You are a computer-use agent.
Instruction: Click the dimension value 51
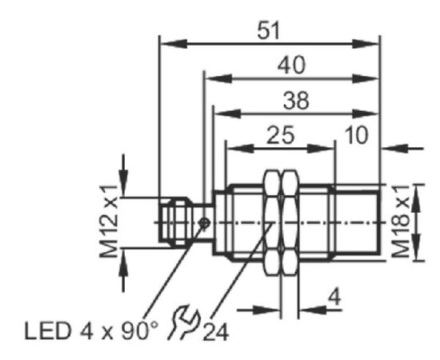click(x=269, y=30)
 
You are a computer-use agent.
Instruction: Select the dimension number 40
click(x=291, y=66)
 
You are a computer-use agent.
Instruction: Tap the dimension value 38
click(x=296, y=100)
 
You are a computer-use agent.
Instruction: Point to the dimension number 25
click(x=281, y=135)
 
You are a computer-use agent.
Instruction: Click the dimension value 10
click(x=356, y=135)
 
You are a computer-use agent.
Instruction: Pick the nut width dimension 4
click(x=334, y=297)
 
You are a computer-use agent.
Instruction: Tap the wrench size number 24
click(x=215, y=333)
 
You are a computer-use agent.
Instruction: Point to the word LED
click(x=47, y=331)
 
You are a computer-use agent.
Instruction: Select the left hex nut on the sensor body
click(x=272, y=222)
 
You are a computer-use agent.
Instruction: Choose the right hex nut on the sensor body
click(x=290, y=222)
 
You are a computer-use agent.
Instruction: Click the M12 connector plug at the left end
click(x=174, y=222)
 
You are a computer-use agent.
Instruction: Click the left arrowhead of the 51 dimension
click(x=174, y=44)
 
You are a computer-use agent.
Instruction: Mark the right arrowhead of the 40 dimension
click(x=366, y=79)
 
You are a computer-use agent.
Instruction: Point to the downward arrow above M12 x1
click(x=123, y=175)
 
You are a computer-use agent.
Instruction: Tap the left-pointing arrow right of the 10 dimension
click(x=402, y=148)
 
